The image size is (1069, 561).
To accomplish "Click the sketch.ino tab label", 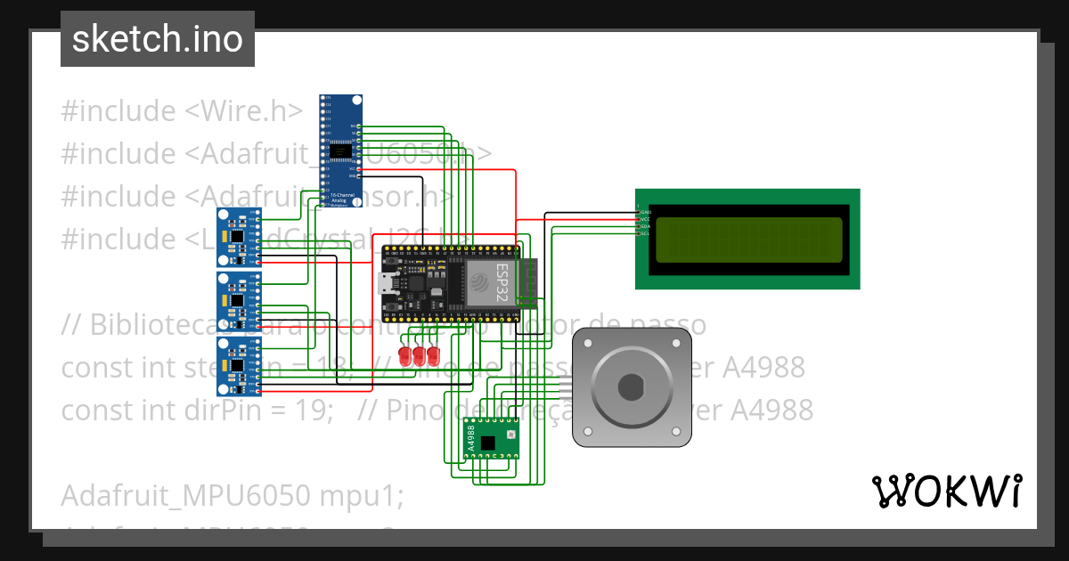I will pos(157,39).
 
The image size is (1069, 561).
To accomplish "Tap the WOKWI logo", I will pos(946,491).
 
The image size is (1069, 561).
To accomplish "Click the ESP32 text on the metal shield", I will pos(502,283).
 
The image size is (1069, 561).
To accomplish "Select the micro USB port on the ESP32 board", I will pos(388,284).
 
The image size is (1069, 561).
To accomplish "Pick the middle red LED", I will pos(420,356).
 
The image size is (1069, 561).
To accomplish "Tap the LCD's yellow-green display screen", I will pos(748,239).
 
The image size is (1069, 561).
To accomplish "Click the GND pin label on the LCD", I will pos(646,212).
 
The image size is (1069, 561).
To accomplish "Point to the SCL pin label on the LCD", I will pos(646,233).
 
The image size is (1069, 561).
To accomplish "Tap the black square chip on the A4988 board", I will pos(487,442).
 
